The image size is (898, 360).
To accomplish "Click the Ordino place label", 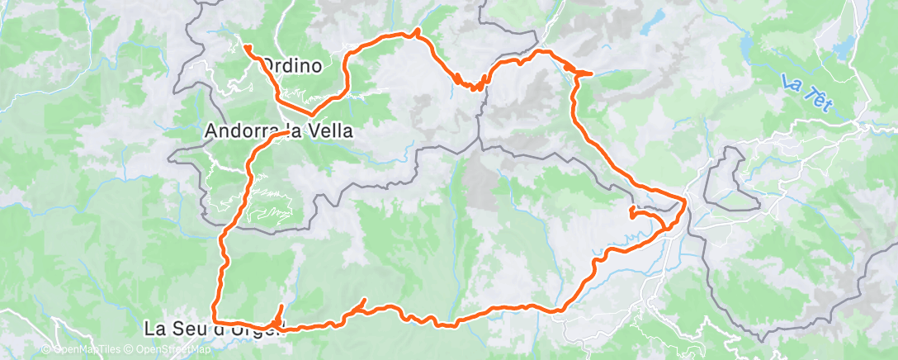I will tap(291, 64).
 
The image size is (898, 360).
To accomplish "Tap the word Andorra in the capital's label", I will tap(242, 130).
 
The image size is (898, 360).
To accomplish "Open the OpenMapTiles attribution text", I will tap(82, 350).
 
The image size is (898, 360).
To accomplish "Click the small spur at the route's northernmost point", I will tap(418, 31).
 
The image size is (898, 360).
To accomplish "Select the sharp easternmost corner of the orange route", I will tap(686, 200).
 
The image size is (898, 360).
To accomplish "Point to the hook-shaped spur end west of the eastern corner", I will tap(631, 212).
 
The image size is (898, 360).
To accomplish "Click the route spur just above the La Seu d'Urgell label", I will tap(281, 307).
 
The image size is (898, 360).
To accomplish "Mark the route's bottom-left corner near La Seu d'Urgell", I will tap(215, 320).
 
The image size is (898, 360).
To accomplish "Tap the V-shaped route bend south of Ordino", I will tap(312, 113).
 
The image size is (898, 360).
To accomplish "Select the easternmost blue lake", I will tap(748, 43).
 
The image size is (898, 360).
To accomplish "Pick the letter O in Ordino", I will tap(268, 64).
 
